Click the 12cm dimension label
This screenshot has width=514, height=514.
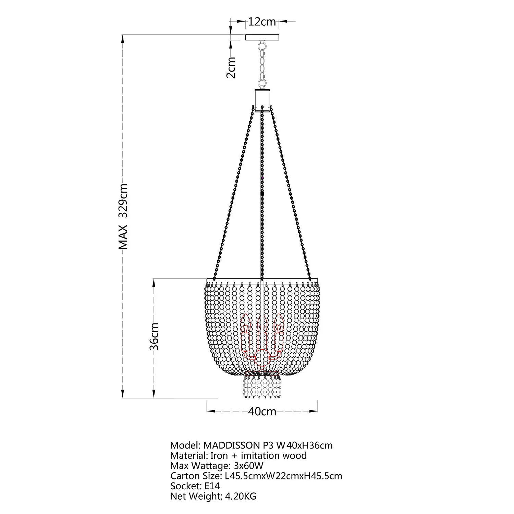click(262, 22)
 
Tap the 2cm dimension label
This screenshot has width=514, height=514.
click(232, 67)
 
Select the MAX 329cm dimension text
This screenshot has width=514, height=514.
click(123, 216)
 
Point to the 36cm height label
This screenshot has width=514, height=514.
click(154, 336)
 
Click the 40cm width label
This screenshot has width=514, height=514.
click(262, 411)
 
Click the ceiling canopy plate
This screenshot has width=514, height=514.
click(262, 37)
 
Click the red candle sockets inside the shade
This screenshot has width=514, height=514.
click(262, 338)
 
